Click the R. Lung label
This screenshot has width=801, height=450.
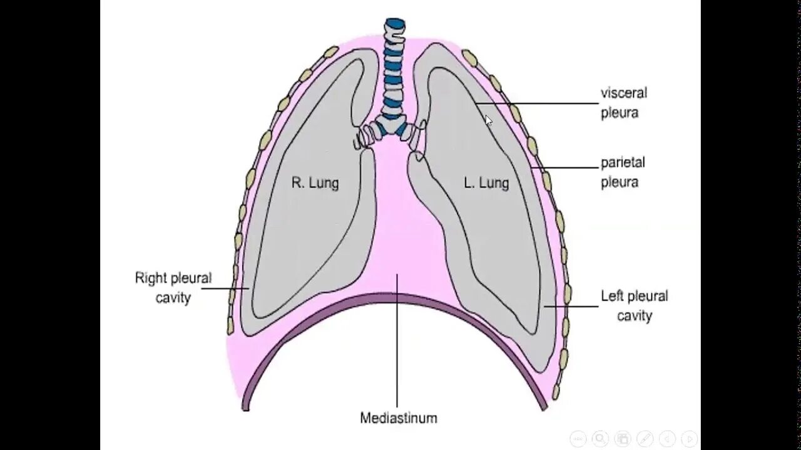[315, 182]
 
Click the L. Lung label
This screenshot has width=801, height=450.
[486, 183]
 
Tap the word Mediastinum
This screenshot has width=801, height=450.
[398, 417]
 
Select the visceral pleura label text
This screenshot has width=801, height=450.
[623, 103]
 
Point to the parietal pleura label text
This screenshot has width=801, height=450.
[622, 172]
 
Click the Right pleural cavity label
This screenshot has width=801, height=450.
[173, 287]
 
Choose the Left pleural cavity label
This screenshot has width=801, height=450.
[634, 306]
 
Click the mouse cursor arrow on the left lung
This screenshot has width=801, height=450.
[488, 120]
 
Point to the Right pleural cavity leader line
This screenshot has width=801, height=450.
[225, 288]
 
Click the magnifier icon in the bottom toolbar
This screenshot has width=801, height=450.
[599, 438]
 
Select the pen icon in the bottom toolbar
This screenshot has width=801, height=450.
[645, 438]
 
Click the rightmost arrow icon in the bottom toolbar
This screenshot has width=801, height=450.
[689, 438]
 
